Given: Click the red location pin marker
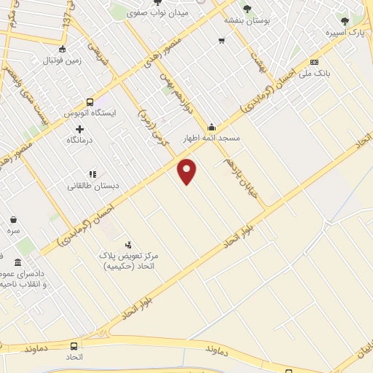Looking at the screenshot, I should tap(187, 170).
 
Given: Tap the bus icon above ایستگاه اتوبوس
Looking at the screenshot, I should tap(90, 103).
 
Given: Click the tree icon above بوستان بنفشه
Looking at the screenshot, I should tap(247, 9).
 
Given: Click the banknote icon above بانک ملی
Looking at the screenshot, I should tap(314, 63).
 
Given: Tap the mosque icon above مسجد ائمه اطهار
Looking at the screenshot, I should tap(212, 127).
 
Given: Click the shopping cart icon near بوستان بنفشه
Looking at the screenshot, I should tap(221, 40).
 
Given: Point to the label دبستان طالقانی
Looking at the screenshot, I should tap(93, 186).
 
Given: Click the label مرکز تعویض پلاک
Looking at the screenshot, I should tap(131, 256).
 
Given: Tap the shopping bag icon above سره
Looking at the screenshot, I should tap(14, 219).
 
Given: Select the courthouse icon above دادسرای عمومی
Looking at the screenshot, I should tap(17, 262).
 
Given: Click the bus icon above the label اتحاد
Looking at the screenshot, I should tap(74, 346).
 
